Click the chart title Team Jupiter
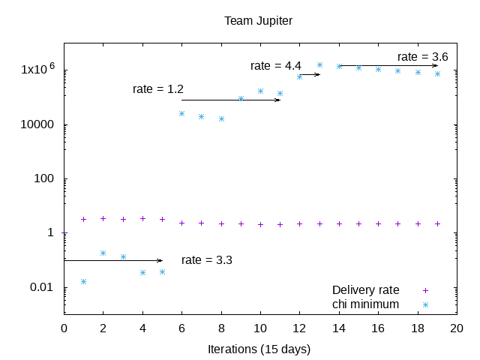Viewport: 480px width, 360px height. pyautogui.click(x=258, y=20)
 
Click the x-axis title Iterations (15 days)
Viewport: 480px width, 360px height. pyautogui.click(x=259, y=349)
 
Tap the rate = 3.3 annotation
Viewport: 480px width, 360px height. pyautogui.click(x=206, y=260)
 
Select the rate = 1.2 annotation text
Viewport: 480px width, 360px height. pyautogui.click(x=158, y=89)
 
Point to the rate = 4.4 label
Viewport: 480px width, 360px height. pyautogui.click(x=275, y=66)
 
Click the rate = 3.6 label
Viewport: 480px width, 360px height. pyautogui.click(x=423, y=57)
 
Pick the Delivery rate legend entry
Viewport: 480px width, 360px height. pyautogui.click(x=366, y=290)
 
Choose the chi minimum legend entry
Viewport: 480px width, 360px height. pyautogui.click(x=366, y=304)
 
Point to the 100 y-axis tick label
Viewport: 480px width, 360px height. pyautogui.click(x=46, y=179)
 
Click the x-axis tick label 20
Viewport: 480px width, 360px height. pyautogui.click(x=457, y=328)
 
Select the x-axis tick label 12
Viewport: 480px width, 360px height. pyautogui.click(x=299, y=328)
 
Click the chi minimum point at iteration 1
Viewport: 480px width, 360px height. pyautogui.click(x=83, y=281)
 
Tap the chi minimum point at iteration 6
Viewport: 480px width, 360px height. pyautogui.click(x=181, y=113)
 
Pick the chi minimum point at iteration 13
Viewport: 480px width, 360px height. pyautogui.click(x=319, y=65)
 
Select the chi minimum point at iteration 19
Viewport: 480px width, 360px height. pyautogui.click(x=437, y=73)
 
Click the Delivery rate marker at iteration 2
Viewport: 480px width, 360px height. pyautogui.click(x=103, y=219)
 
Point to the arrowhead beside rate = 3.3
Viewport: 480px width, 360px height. pyautogui.click(x=160, y=260)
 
